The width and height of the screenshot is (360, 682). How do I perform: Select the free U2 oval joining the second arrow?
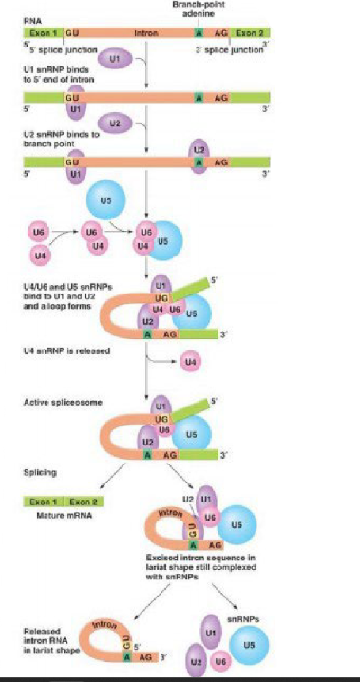click(x=114, y=123)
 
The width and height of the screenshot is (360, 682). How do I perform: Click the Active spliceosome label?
click(x=57, y=404)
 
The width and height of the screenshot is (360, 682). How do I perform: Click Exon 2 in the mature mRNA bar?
click(x=88, y=500)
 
